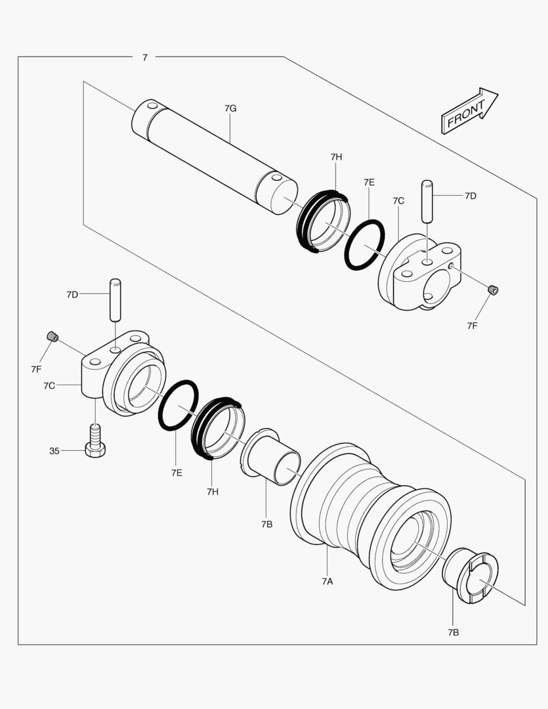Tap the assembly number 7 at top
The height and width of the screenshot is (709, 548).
coord(144,57)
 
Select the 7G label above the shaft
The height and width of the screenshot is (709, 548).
coord(230,108)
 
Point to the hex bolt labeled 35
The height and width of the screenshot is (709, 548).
coord(95,440)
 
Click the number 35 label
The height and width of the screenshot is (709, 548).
coord(54,451)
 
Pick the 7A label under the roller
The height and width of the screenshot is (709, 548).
coord(327,581)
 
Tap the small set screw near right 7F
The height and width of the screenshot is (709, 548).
coord(494,290)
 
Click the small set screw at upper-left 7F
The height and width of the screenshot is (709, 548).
coord(53,337)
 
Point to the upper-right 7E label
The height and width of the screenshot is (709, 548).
coord(369,182)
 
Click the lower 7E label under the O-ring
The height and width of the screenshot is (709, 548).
coord(177,472)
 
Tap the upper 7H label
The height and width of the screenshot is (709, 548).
coord(336,157)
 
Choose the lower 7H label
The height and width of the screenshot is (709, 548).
coord(212,491)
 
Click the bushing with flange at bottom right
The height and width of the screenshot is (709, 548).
coord(471,576)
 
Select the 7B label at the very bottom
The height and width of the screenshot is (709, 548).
coord(453,632)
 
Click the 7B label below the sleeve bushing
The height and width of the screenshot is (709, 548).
coord(266,524)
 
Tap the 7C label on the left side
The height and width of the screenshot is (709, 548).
coord(49,385)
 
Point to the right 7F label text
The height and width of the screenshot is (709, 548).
coord(473,325)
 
